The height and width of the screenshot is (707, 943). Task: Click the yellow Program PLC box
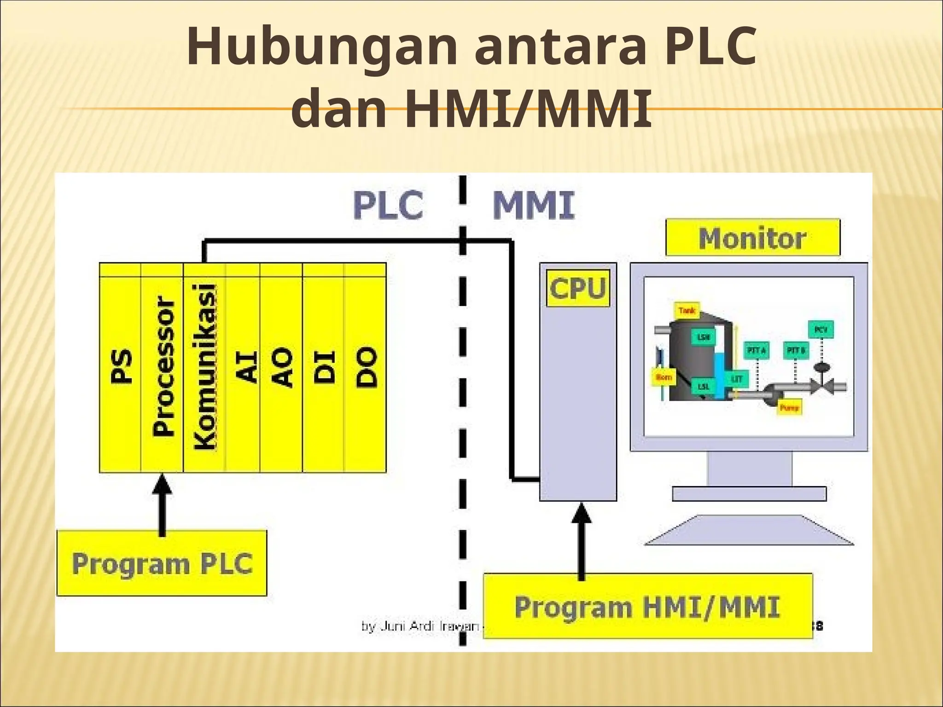click(162, 563)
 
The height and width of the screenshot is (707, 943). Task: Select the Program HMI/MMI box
click(647, 606)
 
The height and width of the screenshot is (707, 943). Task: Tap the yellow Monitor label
click(752, 238)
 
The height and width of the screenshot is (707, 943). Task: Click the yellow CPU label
click(577, 289)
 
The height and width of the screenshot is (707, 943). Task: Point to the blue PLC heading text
click(388, 205)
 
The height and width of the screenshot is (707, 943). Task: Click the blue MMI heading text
click(534, 205)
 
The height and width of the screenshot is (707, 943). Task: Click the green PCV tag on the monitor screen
click(821, 330)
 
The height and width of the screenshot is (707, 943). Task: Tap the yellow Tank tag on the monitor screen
click(686, 311)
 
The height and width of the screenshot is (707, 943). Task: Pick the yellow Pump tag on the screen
click(789, 407)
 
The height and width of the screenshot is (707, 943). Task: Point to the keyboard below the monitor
click(749, 531)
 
